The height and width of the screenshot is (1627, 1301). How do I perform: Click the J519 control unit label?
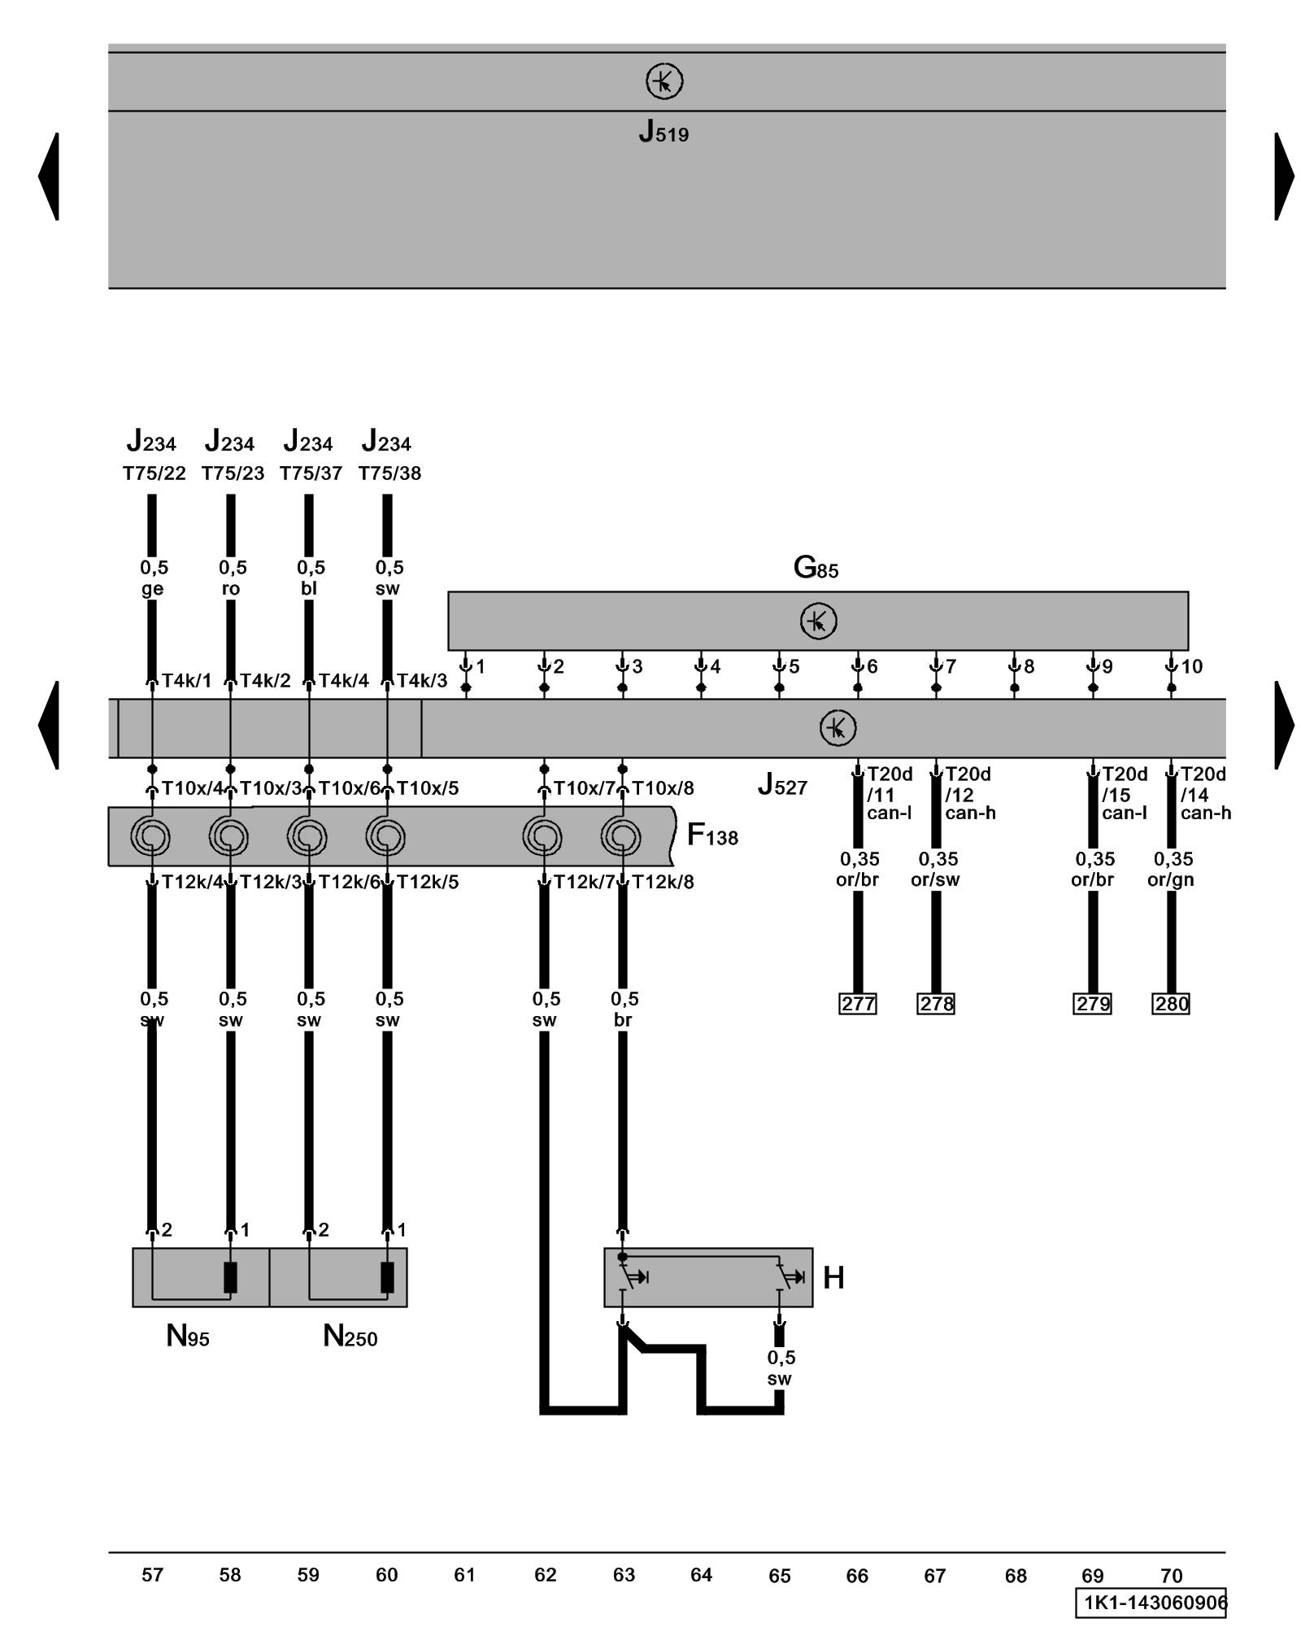click(x=664, y=132)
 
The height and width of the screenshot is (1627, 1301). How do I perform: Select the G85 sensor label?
click(x=816, y=567)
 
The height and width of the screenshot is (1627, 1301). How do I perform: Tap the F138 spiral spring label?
click(x=712, y=835)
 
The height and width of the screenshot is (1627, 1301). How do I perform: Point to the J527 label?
click(x=782, y=785)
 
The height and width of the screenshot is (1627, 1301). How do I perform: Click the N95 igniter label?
click(x=188, y=1336)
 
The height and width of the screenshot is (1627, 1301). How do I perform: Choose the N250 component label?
click(x=350, y=1336)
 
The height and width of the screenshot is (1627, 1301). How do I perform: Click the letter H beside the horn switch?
click(x=833, y=1278)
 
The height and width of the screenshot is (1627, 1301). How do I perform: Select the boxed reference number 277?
click(x=857, y=1004)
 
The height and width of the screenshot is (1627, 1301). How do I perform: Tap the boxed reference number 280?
click(x=1171, y=1004)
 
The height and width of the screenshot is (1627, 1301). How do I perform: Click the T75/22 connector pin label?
click(x=154, y=473)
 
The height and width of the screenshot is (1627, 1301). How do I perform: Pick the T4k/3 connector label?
click(x=421, y=681)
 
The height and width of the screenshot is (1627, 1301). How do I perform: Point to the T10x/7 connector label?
click(x=584, y=788)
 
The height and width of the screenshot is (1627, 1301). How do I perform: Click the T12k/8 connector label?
click(x=663, y=882)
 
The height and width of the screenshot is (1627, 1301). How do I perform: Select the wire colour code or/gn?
click(x=1171, y=879)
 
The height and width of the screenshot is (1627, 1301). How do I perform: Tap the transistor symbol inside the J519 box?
click(x=664, y=82)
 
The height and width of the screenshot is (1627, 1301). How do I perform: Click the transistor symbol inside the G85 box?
click(x=818, y=622)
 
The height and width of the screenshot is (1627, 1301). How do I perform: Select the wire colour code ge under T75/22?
click(x=152, y=588)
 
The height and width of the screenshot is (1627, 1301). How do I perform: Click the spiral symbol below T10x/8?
click(x=622, y=836)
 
